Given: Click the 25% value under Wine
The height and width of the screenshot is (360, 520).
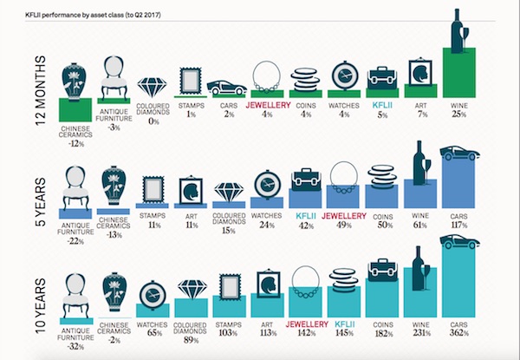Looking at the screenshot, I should (x=458, y=114).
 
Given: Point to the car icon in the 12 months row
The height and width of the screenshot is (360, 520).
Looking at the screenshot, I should (x=229, y=87).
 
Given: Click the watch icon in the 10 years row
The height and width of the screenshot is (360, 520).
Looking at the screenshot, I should (x=153, y=292).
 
